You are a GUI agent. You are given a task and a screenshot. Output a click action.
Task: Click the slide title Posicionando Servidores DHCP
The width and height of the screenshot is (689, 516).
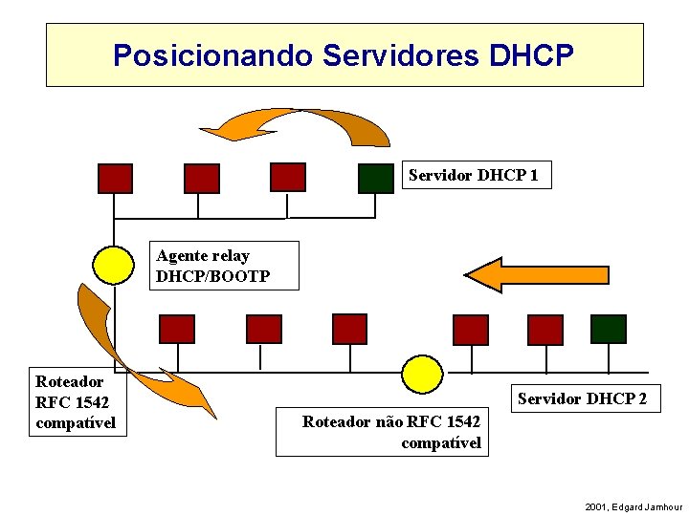(x=344, y=55)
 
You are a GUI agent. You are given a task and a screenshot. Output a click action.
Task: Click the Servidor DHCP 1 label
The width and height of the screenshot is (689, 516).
(x=475, y=176)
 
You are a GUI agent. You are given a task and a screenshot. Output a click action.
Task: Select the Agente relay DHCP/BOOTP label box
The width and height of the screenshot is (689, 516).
(x=225, y=266)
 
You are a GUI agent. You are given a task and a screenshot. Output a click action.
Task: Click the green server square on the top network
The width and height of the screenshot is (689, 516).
(x=376, y=179)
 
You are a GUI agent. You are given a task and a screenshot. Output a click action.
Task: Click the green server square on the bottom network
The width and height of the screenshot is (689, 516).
(x=608, y=329)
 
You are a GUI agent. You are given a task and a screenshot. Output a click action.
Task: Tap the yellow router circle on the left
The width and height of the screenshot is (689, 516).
(x=114, y=266)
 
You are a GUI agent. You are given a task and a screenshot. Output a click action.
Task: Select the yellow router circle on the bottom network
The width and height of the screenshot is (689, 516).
(x=421, y=374)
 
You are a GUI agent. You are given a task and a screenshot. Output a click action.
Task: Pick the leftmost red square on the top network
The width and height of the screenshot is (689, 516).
(x=115, y=179)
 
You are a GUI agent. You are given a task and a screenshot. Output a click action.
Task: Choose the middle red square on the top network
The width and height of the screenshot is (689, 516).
(x=201, y=179)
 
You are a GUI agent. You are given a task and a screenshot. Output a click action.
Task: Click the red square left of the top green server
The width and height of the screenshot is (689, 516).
(x=287, y=177)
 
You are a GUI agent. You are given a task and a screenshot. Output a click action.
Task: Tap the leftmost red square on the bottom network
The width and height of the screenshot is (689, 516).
(x=176, y=329)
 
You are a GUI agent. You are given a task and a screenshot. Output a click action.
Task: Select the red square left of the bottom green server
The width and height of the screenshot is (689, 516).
(x=545, y=329)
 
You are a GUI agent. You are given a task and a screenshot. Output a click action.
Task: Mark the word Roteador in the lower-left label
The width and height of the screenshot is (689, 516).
(x=69, y=381)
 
